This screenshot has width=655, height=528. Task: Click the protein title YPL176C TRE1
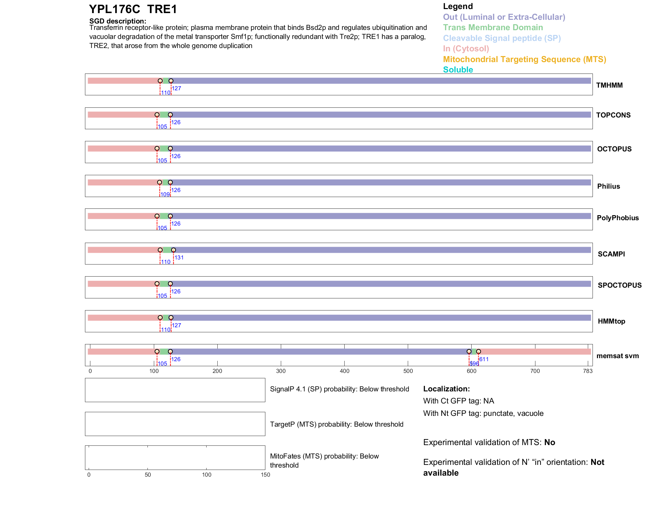point(133,9)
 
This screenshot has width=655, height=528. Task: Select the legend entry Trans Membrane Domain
point(493,28)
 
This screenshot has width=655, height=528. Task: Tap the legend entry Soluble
point(458,70)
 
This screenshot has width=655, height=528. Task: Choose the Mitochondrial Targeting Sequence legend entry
point(524,59)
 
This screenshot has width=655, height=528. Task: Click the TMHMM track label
point(609,85)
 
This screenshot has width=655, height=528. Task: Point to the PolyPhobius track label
point(617,218)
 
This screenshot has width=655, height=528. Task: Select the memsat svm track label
point(617,356)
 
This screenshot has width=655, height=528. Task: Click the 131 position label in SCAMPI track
point(179,258)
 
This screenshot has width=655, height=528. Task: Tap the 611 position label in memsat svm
point(484,359)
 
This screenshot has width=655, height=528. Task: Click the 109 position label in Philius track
point(165,195)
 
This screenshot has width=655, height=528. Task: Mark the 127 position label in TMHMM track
point(176,89)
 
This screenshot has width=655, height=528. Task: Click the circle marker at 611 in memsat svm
point(478,351)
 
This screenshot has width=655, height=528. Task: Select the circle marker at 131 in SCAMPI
point(173,250)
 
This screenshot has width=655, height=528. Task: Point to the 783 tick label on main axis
point(588,371)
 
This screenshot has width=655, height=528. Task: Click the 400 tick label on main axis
point(344,371)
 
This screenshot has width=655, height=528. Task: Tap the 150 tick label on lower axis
point(265,475)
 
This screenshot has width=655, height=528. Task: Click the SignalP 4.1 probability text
point(339,389)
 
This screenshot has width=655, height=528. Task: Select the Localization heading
point(446,389)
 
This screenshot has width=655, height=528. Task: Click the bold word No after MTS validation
point(550,442)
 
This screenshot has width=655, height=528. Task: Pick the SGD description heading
point(118,21)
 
